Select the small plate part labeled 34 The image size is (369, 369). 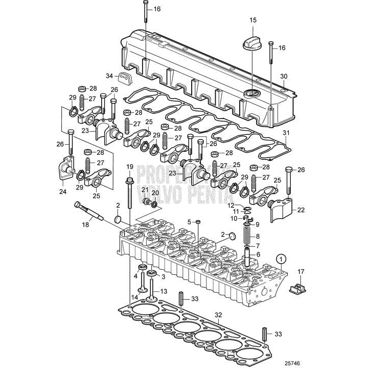pos(124,78)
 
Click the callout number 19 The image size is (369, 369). pos(129,167)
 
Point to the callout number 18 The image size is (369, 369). pos(86,224)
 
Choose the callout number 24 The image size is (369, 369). pos(63,192)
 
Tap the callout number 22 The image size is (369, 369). pos(301,210)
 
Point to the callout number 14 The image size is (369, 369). pos(134,297)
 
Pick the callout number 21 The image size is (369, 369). pos(145,189)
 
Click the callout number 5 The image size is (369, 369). pos(189,222)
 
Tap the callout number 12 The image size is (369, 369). pos(231,204)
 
